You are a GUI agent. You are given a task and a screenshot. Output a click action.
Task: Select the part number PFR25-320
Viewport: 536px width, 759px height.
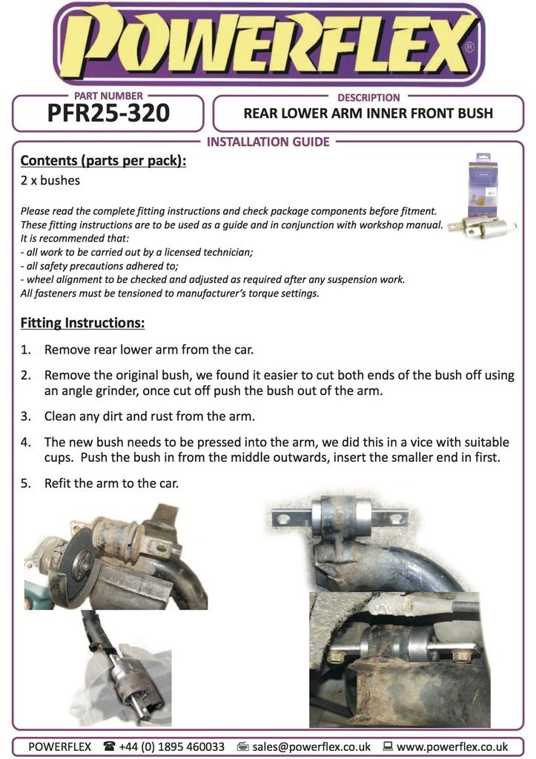(108, 113)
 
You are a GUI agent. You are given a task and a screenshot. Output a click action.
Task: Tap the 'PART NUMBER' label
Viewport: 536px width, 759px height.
(108, 96)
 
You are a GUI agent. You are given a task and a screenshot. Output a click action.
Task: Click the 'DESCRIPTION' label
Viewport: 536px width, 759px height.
(368, 97)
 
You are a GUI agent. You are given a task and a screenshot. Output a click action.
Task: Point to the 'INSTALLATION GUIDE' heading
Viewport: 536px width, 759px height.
(268, 142)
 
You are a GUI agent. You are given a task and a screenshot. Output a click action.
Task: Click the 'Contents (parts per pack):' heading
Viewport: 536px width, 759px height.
(103, 161)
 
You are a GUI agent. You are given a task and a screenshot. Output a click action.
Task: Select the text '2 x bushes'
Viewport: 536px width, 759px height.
(50, 180)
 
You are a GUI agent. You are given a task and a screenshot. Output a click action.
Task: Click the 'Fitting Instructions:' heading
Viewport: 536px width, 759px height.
(82, 323)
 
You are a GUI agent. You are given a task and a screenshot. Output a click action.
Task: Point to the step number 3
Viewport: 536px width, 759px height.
(25, 417)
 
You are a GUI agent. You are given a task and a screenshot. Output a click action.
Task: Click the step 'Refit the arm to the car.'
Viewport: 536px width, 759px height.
(111, 483)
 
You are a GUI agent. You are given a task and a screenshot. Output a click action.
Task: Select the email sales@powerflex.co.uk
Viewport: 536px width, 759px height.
(311, 746)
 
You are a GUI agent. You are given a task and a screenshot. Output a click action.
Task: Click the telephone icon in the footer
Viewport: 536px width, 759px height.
(110, 746)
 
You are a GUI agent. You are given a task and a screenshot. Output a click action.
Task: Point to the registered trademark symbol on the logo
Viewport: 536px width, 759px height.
(469, 46)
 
